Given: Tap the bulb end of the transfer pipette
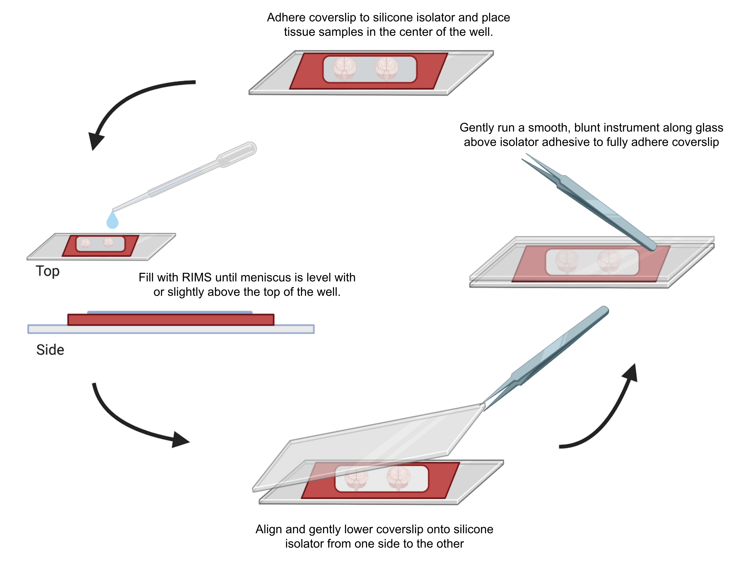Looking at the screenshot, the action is (237, 154).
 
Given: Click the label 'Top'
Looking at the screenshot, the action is (48, 271).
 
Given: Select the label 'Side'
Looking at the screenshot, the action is (50, 350).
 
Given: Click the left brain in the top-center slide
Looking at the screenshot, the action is (344, 69).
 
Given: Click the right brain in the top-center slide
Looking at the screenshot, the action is (386, 69).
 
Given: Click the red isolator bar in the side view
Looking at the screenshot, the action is (171, 319).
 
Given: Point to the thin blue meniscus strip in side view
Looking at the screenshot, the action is (170, 312).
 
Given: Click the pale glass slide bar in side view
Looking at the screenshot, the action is (171, 329).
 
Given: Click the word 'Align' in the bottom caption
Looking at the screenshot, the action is (269, 530).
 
